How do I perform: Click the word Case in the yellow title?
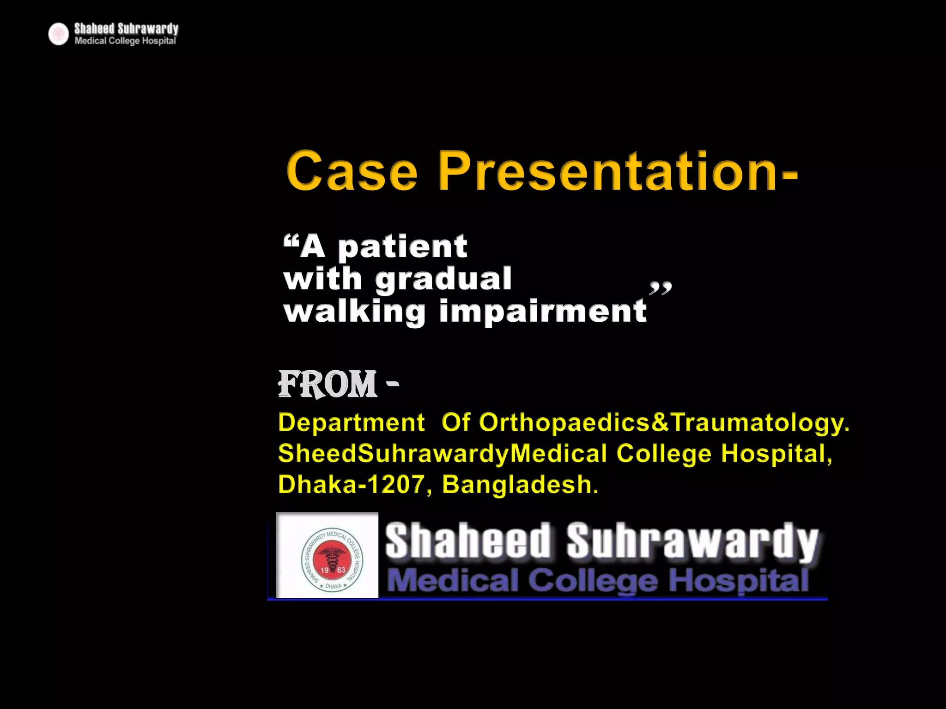[352, 171]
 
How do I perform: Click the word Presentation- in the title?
[618, 171]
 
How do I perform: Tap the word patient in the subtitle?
[403, 247]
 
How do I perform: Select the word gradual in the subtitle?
[443, 279]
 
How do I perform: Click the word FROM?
[327, 384]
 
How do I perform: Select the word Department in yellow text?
[352, 423]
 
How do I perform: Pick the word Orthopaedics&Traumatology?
[664, 423]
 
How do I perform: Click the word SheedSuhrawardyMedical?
[443, 454]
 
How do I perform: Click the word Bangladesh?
[520, 485]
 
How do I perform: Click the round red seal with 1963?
[332, 559]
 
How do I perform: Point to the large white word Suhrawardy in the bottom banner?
[692, 541]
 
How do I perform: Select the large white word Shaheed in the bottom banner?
[468, 541]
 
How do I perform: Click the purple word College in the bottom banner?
[593, 581]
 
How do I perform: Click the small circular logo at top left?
[59, 34]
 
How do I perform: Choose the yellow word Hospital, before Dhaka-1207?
[776, 454]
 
